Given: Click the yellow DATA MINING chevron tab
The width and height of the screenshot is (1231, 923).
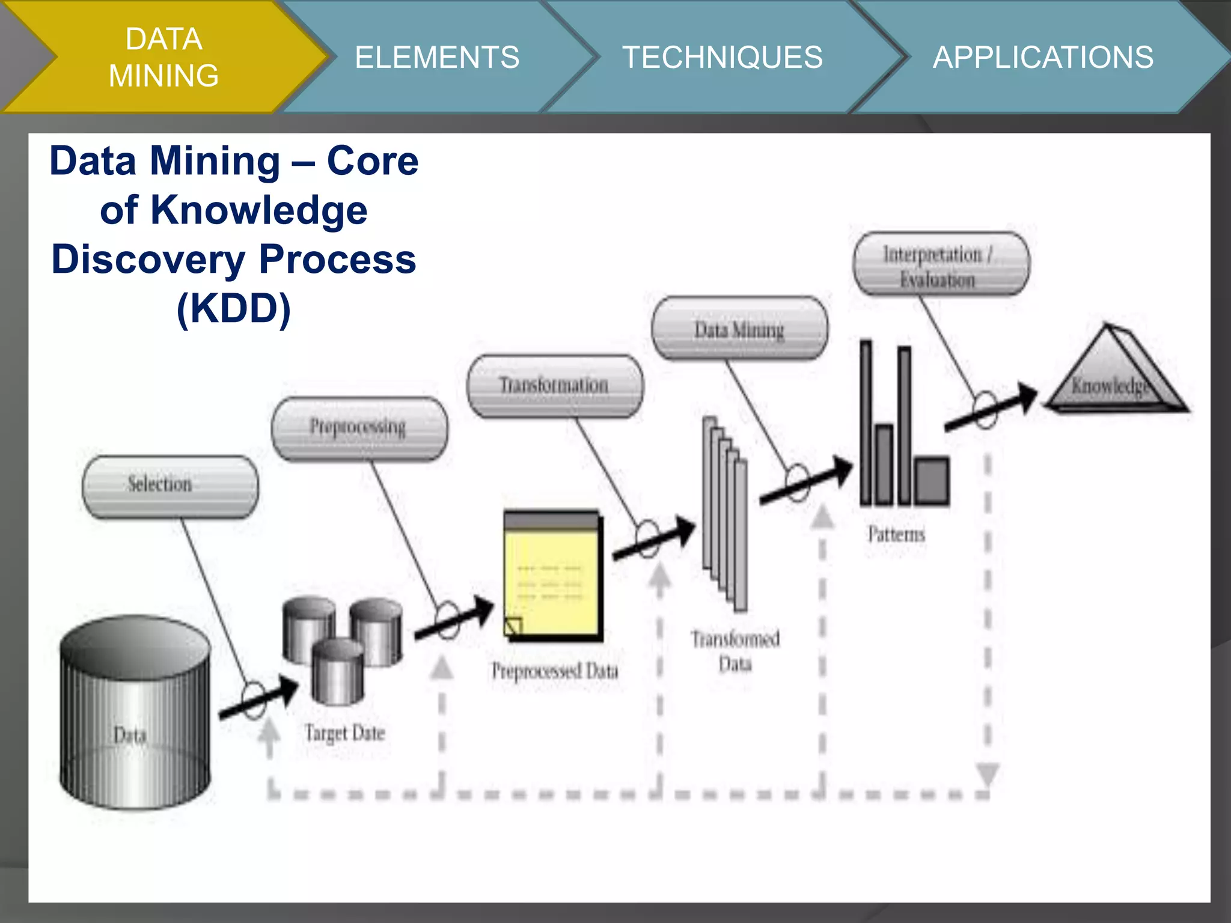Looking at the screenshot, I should (x=163, y=57).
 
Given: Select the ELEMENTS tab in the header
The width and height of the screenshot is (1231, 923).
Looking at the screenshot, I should (x=437, y=58).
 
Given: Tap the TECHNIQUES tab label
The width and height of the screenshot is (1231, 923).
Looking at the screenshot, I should (x=722, y=58).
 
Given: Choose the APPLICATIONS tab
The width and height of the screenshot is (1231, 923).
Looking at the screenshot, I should (x=1043, y=58).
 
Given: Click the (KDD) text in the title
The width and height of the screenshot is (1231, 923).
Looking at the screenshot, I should (x=233, y=308).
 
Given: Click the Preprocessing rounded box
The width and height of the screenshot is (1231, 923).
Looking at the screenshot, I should (x=359, y=428).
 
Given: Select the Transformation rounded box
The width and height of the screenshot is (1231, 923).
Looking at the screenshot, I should (x=555, y=386).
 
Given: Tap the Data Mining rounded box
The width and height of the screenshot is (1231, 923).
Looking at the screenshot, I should (x=739, y=329).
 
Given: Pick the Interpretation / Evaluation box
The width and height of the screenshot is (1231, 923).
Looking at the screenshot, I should (x=941, y=264).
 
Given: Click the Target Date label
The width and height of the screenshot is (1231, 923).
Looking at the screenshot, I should (x=344, y=733).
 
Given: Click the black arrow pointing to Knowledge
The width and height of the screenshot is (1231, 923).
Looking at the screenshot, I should (x=992, y=409).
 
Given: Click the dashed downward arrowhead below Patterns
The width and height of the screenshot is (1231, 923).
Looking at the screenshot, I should (x=988, y=773).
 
